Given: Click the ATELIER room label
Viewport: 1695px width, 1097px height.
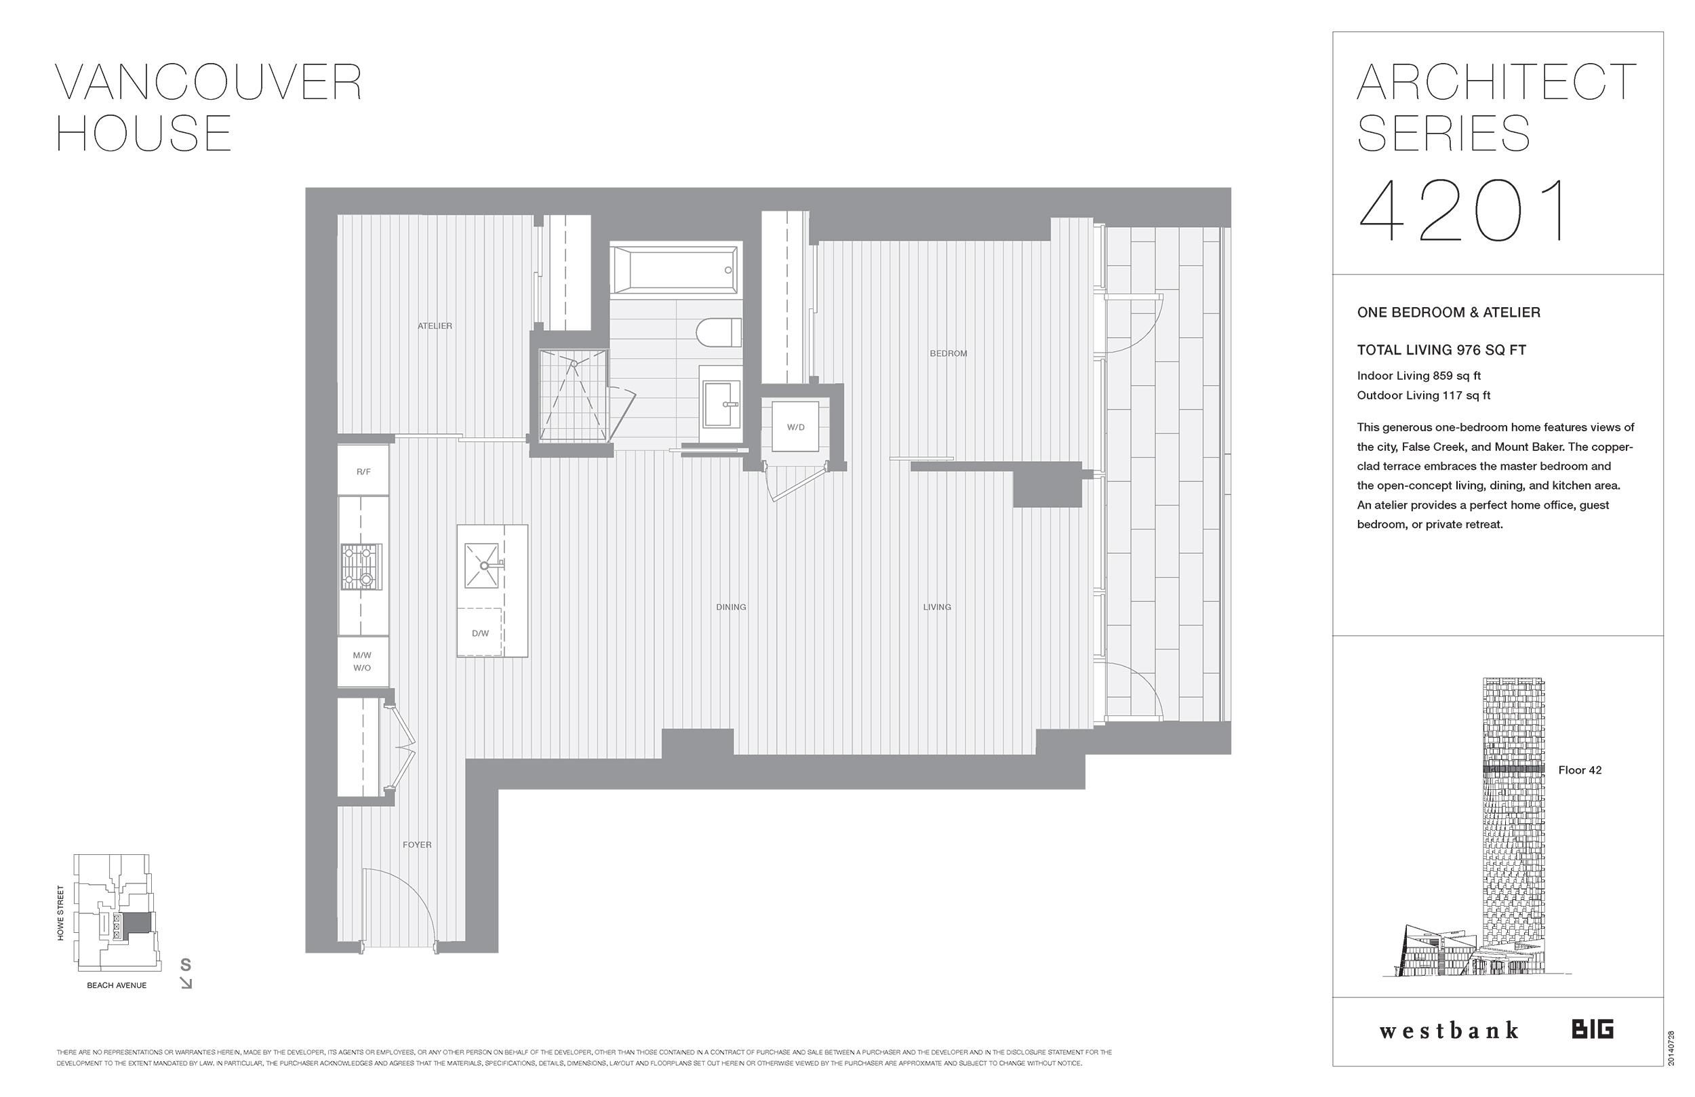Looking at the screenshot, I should point(435,326).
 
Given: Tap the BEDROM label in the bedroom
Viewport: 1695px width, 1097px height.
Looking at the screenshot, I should point(948,353).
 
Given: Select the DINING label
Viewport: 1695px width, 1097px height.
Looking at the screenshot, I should point(731,607).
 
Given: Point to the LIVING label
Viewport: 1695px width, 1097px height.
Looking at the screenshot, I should point(936,607).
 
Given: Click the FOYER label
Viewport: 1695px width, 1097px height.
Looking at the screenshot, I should point(416,845).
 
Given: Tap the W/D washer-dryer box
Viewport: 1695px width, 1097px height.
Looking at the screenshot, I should point(795,426).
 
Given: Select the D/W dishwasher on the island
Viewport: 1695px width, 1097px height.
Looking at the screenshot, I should point(480,633).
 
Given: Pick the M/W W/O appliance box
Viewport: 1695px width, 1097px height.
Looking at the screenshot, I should point(362,662).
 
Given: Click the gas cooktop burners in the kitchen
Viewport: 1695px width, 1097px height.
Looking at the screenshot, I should point(361,567).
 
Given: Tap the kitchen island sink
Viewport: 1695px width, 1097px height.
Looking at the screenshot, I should point(481,565).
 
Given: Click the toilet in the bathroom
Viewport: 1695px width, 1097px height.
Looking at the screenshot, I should point(718,333).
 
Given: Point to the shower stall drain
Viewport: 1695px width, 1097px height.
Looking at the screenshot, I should point(574,363).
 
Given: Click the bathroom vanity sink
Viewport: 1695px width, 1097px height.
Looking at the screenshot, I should point(721,404).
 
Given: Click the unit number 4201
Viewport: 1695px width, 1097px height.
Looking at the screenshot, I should point(1464,212).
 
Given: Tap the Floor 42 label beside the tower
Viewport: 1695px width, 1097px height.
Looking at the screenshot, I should point(1580,770).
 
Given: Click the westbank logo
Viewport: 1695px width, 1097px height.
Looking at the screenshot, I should point(1449,1031).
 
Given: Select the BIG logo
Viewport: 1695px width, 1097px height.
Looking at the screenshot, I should point(1593,1029).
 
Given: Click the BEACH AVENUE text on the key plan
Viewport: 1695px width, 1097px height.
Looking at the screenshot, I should point(117,985).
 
